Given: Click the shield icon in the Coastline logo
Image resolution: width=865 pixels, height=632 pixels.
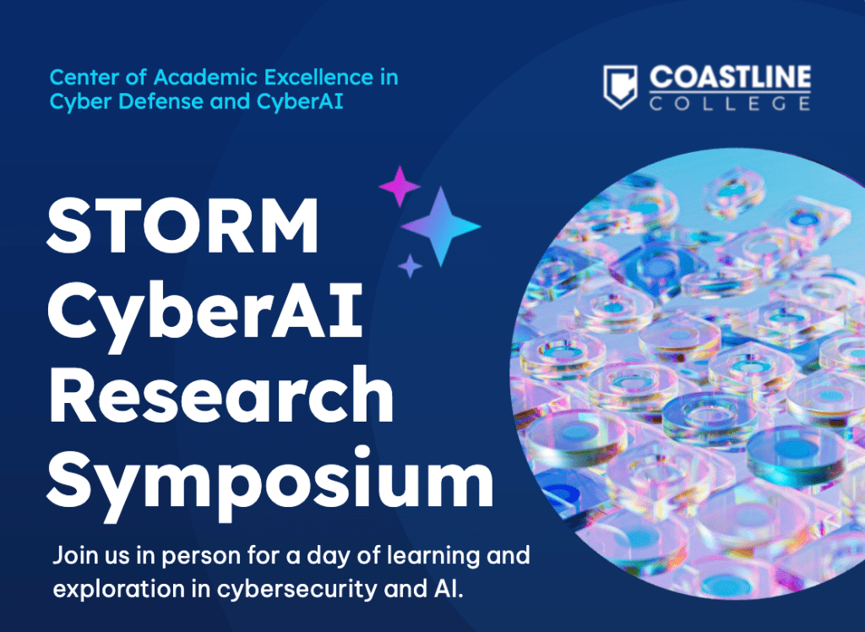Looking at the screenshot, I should click(x=620, y=88).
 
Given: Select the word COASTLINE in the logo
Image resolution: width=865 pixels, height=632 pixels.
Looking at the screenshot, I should click(x=730, y=79).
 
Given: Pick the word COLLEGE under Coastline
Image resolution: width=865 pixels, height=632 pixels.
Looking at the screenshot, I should click(x=730, y=103).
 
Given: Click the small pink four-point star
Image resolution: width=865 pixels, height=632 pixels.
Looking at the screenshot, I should click(x=400, y=187).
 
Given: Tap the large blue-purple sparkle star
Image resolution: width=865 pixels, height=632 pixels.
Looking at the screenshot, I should click(x=440, y=226).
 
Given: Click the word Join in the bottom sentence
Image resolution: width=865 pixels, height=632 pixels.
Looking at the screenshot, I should click(x=73, y=557).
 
